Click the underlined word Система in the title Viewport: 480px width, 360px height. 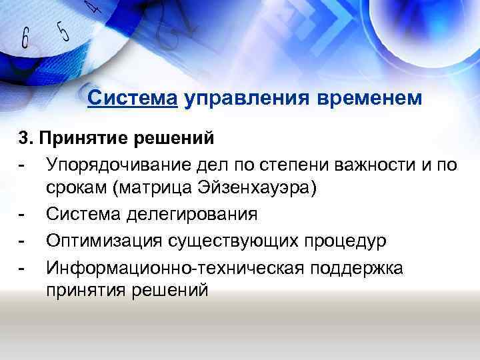[x=132, y=98]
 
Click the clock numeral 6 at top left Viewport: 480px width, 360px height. [x=25, y=38]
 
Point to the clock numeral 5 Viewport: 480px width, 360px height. [x=63, y=29]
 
